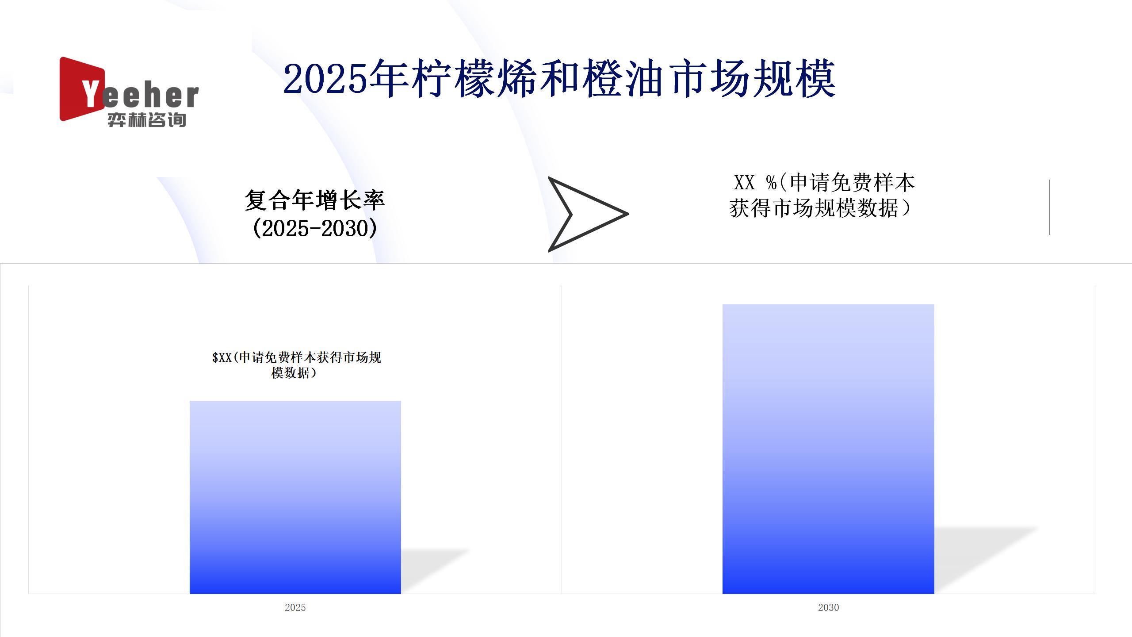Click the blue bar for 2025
[295, 497]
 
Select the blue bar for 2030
[828, 449]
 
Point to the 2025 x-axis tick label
[295, 607]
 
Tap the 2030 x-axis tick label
[828, 607]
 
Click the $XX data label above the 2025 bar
[296, 365]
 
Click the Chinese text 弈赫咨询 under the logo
[147, 120]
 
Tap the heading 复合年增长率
[315, 200]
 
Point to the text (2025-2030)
[315, 228]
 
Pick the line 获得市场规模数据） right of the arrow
[821, 208]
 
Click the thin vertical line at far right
[1050, 207]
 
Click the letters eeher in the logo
[150, 96]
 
